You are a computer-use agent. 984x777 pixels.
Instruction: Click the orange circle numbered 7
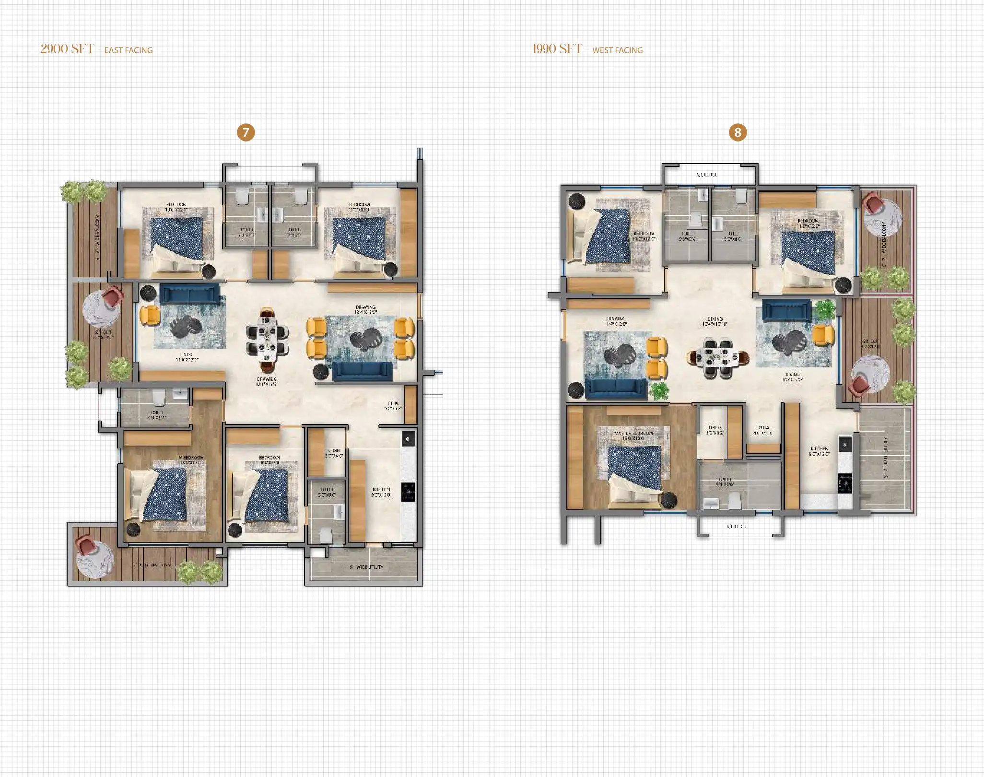click(246, 132)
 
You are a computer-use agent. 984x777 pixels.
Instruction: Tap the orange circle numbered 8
click(738, 132)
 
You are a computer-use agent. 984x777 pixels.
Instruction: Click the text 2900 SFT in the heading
click(67, 49)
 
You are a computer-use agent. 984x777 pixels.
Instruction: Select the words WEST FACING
click(617, 50)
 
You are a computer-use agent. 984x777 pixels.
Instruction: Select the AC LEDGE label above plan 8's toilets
click(707, 175)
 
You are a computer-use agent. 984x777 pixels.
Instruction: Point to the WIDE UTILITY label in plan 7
click(367, 567)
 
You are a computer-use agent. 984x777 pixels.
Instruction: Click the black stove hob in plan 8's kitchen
click(845, 483)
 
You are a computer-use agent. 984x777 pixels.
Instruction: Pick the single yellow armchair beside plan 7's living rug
click(150, 316)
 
